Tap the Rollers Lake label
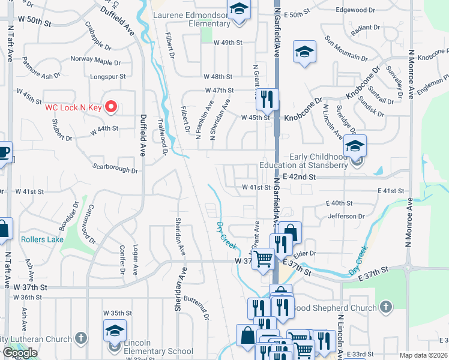pos(42,239)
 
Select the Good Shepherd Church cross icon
pos(385,307)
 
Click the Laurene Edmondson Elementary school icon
pos(239,11)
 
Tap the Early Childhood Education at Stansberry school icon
pos(355,146)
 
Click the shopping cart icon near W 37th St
pos(263,260)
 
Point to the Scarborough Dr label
pos(115,168)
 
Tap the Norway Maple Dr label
pos(95,59)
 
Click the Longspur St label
pos(107,76)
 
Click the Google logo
pos(20,353)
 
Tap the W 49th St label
pos(229,43)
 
